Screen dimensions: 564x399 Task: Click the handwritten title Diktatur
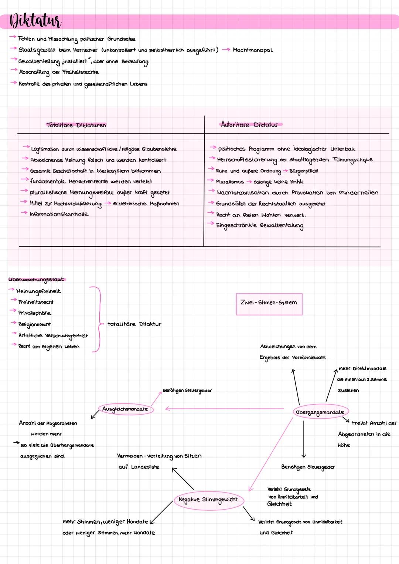pos(35,21)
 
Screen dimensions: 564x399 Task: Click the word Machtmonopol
pos(253,50)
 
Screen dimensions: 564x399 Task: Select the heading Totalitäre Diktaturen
pos(76,125)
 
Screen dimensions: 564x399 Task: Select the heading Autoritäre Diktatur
pos(249,125)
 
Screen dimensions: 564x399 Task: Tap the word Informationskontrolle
pos(59,214)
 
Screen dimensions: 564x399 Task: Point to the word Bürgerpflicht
pos(304,171)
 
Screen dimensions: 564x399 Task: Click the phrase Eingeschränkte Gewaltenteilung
pos(260,226)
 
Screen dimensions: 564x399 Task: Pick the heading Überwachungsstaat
pos(36,280)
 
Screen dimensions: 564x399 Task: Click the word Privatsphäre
pos(35,313)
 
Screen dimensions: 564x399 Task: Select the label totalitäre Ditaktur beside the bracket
pos(134,324)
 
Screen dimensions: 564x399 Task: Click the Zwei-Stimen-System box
pos(269,304)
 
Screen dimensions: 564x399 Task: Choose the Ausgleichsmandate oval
pos(126,409)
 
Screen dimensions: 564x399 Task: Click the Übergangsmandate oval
pos(320,412)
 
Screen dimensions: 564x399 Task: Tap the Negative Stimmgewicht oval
pos(208,500)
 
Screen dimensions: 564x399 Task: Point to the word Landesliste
pos(145,467)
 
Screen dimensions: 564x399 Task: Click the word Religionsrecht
pos(35,324)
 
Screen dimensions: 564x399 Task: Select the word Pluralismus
pos(230,182)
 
